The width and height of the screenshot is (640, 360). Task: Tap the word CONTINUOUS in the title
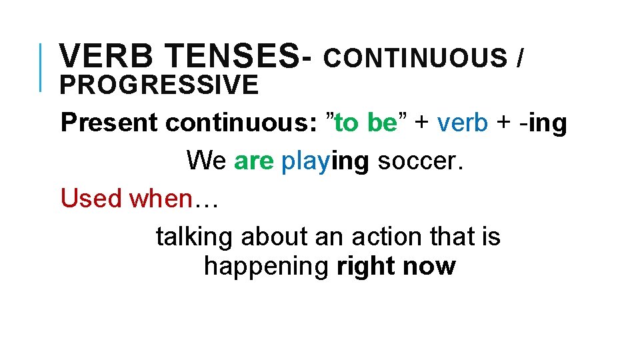click(415, 59)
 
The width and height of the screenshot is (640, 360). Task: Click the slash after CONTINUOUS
click(519, 59)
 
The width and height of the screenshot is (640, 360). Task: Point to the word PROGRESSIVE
click(159, 85)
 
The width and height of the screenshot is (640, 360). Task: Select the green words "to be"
click(365, 123)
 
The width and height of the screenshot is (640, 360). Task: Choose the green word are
click(253, 161)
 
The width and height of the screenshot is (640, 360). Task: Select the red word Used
click(91, 198)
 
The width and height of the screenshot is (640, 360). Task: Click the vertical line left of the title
click(41, 66)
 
